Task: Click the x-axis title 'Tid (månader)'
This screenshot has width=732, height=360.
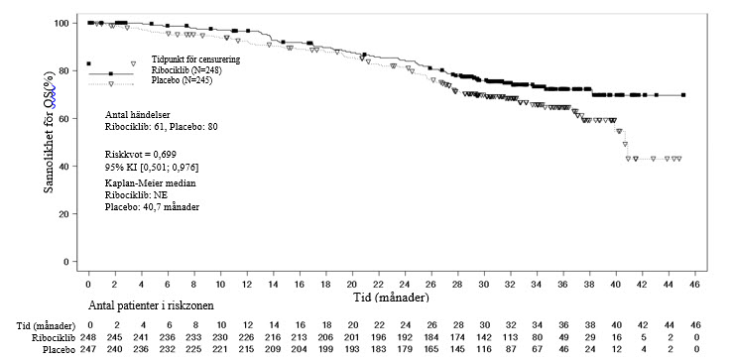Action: point(390,297)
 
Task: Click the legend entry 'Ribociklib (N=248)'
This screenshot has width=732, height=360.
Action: point(186,70)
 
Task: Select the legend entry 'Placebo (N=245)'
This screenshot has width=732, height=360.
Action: point(183,79)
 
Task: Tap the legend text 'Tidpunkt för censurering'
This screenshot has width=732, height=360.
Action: point(195,60)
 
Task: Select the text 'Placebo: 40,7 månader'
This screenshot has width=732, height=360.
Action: point(152,207)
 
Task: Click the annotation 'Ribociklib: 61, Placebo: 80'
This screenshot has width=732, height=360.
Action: point(161,127)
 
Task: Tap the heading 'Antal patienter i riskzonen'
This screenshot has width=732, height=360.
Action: point(151,306)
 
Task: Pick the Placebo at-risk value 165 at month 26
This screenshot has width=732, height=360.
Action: point(431,349)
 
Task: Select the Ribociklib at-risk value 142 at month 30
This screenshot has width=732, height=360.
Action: point(485,337)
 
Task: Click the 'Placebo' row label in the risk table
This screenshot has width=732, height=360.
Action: point(61,349)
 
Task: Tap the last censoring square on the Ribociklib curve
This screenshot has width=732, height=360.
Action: point(683,95)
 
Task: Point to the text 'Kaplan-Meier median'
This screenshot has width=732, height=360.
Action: point(151,183)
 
